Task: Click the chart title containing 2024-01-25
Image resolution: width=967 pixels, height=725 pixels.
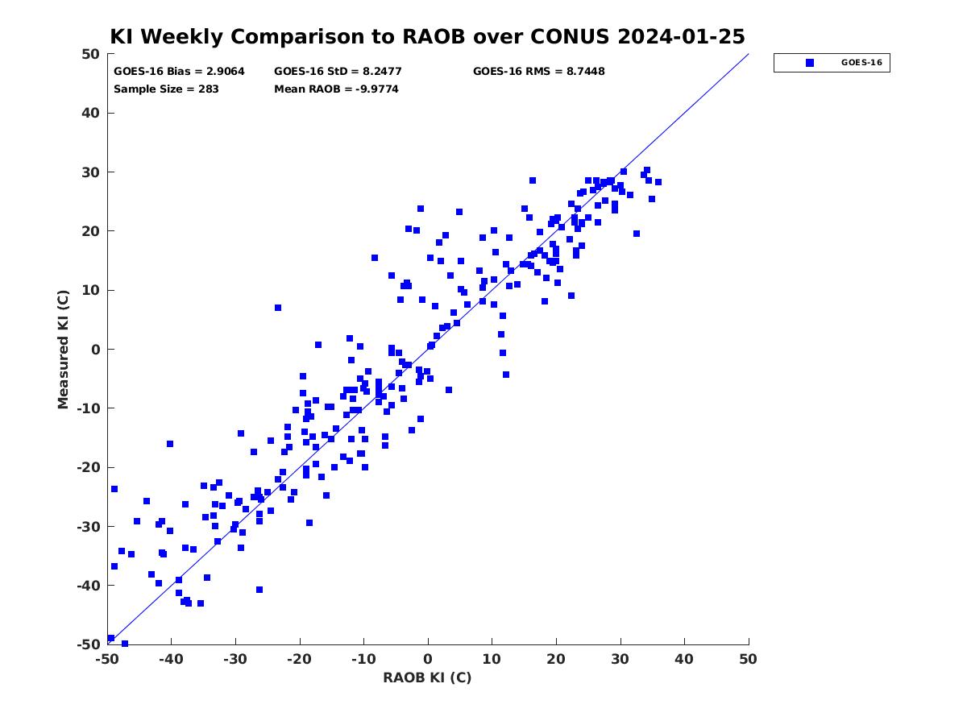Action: pyautogui.click(x=427, y=36)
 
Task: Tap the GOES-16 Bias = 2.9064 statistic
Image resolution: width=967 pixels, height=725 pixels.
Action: pyautogui.click(x=179, y=72)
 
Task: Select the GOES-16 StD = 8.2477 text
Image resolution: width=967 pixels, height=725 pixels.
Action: pyautogui.click(x=338, y=72)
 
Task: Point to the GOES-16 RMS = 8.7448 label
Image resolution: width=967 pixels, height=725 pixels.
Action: pyautogui.click(x=538, y=72)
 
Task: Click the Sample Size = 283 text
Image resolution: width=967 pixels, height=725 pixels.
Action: pyautogui.click(x=166, y=89)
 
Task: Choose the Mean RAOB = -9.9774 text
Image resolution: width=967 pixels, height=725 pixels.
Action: pyautogui.click(x=336, y=89)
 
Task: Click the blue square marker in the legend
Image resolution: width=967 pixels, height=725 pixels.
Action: pyautogui.click(x=809, y=63)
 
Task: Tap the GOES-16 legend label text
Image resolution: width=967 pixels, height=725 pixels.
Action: pyautogui.click(x=861, y=63)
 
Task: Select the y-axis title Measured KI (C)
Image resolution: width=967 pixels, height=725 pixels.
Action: pyautogui.click(x=63, y=349)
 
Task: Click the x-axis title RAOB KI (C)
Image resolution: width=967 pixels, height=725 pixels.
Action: pyautogui.click(x=427, y=677)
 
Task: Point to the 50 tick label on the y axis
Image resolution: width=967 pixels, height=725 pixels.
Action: pyautogui.click(x=91, y=54)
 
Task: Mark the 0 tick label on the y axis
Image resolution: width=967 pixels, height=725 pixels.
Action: pyautogui.click(x=96, y=350)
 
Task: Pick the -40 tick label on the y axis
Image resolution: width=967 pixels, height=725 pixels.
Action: pyautogui.click(x=89, y=586)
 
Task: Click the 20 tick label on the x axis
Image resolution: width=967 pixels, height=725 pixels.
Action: pyautogui.click(x=556, y=659)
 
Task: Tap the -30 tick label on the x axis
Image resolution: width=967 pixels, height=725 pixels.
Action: pyautogui.click(x=235, y=659)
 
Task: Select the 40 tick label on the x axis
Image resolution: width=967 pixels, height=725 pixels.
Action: pyautogui.click(x=684, y=659)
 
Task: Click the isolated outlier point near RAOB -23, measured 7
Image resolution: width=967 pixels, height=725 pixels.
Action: pyautogui.click(x=278, y=308)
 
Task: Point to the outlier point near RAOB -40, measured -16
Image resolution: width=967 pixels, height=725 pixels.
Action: pyautogui.click(x=170, y=444)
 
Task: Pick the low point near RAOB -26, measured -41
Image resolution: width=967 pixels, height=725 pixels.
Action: pyautogui.click(x=259, y=590)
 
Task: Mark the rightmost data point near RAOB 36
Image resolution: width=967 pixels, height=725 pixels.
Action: pyautogui.click(x=658, y=182)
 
